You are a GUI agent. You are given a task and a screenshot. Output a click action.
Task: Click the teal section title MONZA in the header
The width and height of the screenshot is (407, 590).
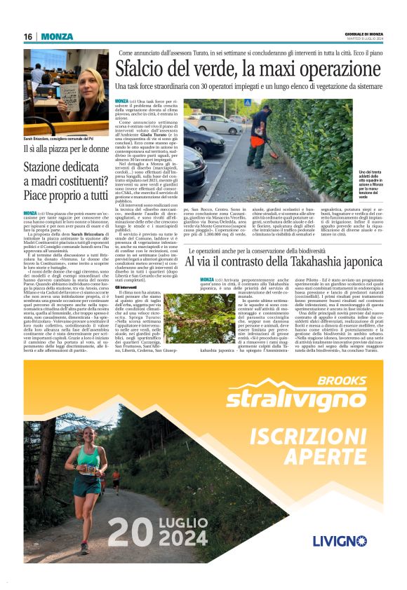pyautogui.click(x=57, y=36)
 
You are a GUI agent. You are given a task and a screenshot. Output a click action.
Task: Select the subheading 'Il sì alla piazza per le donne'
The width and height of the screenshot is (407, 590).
pyautogui.click(x=67, y=149)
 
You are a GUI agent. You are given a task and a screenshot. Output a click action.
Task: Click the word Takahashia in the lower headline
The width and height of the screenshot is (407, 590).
pyautogui.click(x=307, y=261)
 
